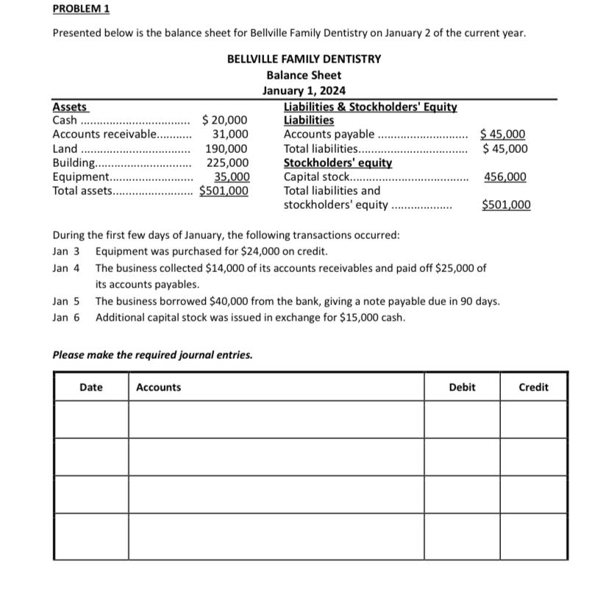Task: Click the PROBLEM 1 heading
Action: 81,9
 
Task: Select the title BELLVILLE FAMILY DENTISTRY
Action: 304,59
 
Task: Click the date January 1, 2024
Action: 304,91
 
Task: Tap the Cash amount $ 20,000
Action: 224,121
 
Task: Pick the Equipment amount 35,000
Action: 231,176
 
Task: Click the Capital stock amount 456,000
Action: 505,176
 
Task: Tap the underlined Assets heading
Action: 70,107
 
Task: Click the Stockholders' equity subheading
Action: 338,163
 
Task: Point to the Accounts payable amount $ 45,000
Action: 503,134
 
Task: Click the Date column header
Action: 91,387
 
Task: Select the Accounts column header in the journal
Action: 158,387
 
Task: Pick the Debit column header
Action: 462,387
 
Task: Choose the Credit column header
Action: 533,387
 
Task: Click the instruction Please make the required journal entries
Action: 152,354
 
